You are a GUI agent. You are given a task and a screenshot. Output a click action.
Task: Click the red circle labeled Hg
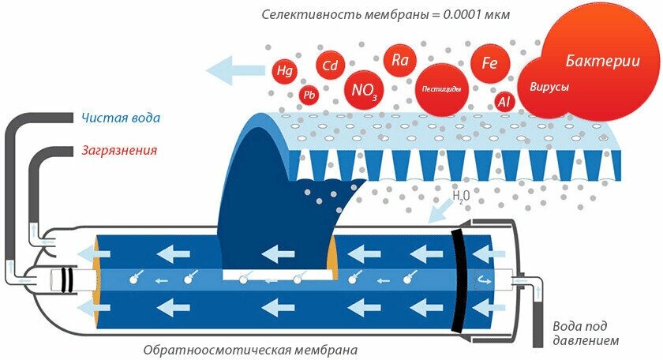pyautogui.click(x=283, y=70)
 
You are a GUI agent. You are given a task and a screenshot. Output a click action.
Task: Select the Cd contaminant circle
pyautogui.click(x=330, y=66)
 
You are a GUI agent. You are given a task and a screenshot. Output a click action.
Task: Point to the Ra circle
pyautogui.click(x=399, y=58)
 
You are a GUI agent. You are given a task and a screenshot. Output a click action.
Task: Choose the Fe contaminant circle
pyautogui.click(x=489, y=63)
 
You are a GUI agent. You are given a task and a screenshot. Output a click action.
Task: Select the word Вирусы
pyautogui.click(x=549, y=87)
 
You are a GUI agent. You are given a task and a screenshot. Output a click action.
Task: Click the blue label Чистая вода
pyautogui.click(x=122, y=118)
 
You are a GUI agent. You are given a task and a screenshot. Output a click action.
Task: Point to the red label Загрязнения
pyautogui.click(x=119, y=149)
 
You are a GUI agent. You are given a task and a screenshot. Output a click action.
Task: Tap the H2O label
pyautogui.click(x=462, y=194)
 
